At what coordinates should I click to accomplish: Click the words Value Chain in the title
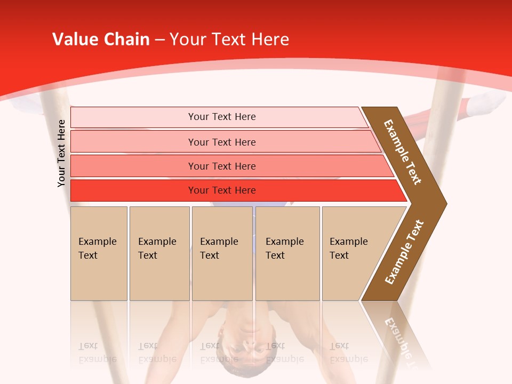pyautogui.click(x=101, y=39)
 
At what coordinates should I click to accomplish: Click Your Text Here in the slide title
pyautogui.click(x=229, y=39)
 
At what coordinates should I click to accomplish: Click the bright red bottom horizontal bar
pyautogui.click(x=133, y=190)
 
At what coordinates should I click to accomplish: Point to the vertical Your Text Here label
pyautogui.click(x=61, y=153)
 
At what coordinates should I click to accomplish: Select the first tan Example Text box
pyautogui.click(x=99, y=253)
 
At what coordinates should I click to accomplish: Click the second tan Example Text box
pyautogui.click(x=159, y=253)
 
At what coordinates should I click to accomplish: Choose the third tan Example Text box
pyautogui.click(x=221, y=253)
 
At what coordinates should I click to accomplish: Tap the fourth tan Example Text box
pyautogui.click(x=287, y=253)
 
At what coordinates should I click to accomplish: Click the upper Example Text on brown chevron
pyautogui.click(x=403, y=152)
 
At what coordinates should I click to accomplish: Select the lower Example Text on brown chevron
pyautogui.click(x=404, y=252)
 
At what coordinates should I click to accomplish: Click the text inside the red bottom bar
pyautogui.click(x=222, y=190)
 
